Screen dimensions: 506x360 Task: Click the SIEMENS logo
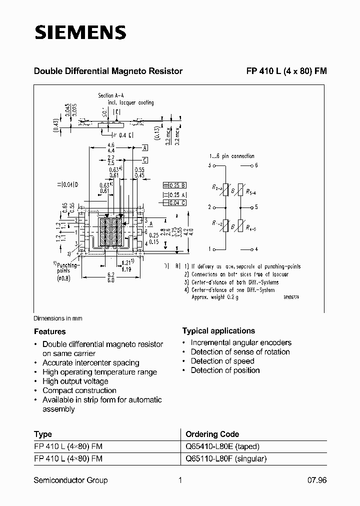(x=80, y=32)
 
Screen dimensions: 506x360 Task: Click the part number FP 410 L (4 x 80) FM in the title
(x=286, y=71)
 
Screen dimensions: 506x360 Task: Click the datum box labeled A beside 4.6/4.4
(x=144, y=148)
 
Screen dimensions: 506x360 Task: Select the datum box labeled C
(x=144, y=160)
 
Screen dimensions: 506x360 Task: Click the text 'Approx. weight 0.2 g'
(x=215, y=297)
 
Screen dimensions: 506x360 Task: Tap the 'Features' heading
(x=50, y=331)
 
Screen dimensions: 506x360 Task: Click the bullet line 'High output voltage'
(x=75, y=381)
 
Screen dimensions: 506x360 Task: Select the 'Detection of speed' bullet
(x=222, y=361)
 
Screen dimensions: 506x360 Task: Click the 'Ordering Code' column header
(x=212, y=434)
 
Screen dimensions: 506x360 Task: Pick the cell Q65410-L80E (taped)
(x=222, y=446)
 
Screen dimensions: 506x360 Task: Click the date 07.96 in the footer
(x=316, y=480)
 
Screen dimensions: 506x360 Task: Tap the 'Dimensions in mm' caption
(x=58, y=318)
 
